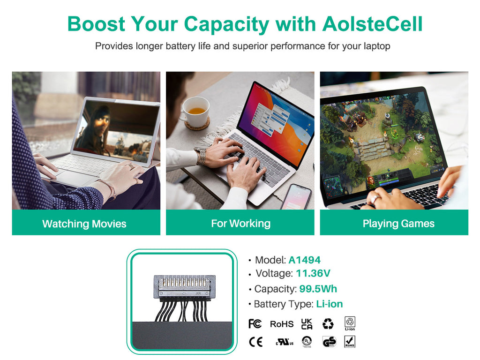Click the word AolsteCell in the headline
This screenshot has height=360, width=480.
pos(372,24)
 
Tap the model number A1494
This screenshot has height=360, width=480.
pos(305,260)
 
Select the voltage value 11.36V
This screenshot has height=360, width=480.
pos(313,273)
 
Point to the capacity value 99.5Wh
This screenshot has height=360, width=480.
pos(318,289)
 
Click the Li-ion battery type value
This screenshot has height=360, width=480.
pos(330,304)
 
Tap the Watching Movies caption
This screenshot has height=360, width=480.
pos(84,224)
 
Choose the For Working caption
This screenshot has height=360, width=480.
pos(240,224)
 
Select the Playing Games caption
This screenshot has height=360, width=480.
pos(398,224)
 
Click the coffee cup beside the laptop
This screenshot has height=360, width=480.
pos(195,112)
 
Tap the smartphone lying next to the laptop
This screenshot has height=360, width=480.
pos(296,197)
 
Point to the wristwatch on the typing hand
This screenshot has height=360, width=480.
pos(201,156)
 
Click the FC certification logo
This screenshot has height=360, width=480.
pos(255,323)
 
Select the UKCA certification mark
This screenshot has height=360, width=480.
pos(307,324)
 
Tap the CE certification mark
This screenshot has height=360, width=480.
pos(255,342)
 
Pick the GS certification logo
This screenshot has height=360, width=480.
pos(330,342)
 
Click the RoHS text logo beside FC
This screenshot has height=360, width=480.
pos(282,324)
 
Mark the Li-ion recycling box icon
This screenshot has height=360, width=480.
pos(350,323)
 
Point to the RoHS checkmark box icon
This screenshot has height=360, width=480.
pos(350,342)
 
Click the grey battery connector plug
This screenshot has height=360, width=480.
pos(184,287)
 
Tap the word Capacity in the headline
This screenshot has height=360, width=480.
pos(226,24)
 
